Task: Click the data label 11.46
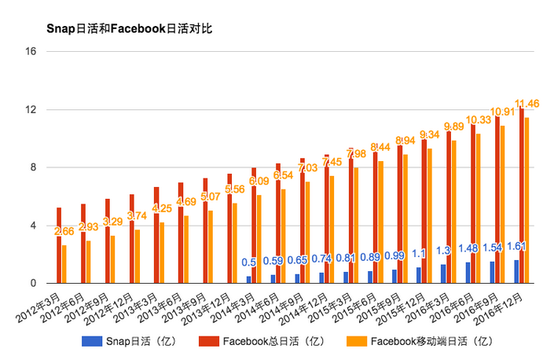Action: tap(526, 103)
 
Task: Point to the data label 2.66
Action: tap(64, 231)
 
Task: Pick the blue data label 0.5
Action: tap(249, 263)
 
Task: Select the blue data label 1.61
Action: tap(517, 246)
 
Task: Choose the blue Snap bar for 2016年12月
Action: tap(516, 272)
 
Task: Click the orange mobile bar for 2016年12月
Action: tap(526, 200)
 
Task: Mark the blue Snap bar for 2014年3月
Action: tap(249, 279)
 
